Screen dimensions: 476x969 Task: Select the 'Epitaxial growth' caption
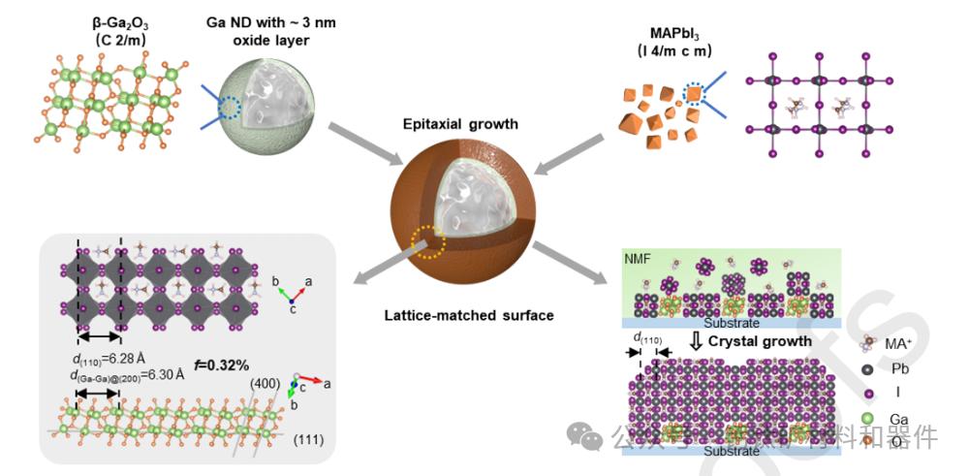463,123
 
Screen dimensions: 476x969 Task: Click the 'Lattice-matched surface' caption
463,314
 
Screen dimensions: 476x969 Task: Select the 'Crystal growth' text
760,341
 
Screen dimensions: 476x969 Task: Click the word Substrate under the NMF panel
732,322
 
